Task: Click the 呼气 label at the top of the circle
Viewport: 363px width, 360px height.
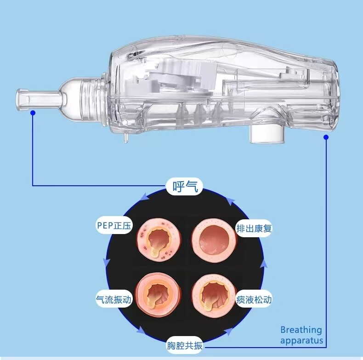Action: pos(185,187)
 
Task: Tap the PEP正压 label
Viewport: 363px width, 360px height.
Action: pos(114,225)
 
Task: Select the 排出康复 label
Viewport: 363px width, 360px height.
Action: pos(254,229)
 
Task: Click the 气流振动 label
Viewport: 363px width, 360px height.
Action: pos(113,299)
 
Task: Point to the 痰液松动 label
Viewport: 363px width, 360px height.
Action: pos(254,299)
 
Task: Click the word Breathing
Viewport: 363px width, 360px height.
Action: pos(301,330)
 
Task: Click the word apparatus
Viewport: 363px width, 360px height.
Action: pos(301,341)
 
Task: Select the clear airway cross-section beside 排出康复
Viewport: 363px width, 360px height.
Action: pos(214,240)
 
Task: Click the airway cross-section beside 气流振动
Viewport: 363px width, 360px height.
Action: pos(158,295)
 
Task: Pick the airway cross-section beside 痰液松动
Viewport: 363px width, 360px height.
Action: pos(214,296)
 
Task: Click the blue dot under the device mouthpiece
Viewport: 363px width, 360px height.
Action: pos(33,113)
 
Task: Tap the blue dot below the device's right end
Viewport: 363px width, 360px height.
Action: pos(326,137)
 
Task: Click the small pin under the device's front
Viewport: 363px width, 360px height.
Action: pos(126,138)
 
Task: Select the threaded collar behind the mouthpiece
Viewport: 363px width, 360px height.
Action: pos(91,99)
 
